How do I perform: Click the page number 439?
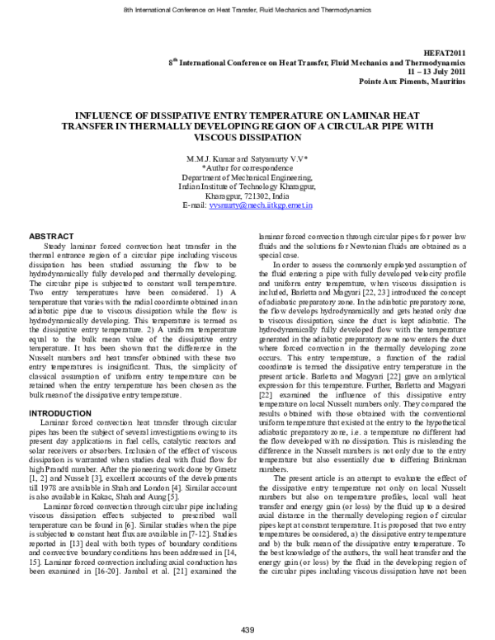point(247,631)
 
